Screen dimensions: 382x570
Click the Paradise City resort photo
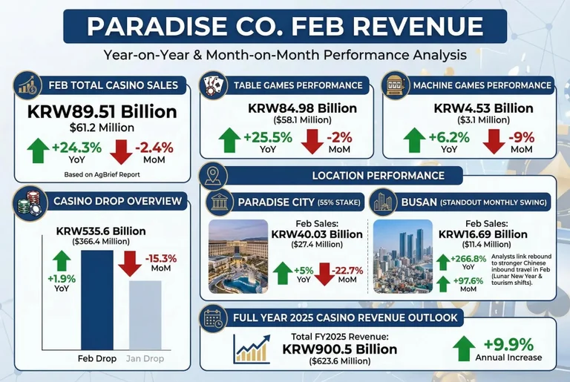pos(237,256)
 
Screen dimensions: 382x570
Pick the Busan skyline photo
pos(404,256)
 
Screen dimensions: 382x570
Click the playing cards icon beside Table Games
pos(213,85)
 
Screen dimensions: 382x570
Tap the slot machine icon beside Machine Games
pos(395,85)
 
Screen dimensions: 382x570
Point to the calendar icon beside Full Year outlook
pos(214,319)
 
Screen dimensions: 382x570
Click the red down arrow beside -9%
pos(496,139)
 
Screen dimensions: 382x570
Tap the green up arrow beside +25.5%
pos(232,139)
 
